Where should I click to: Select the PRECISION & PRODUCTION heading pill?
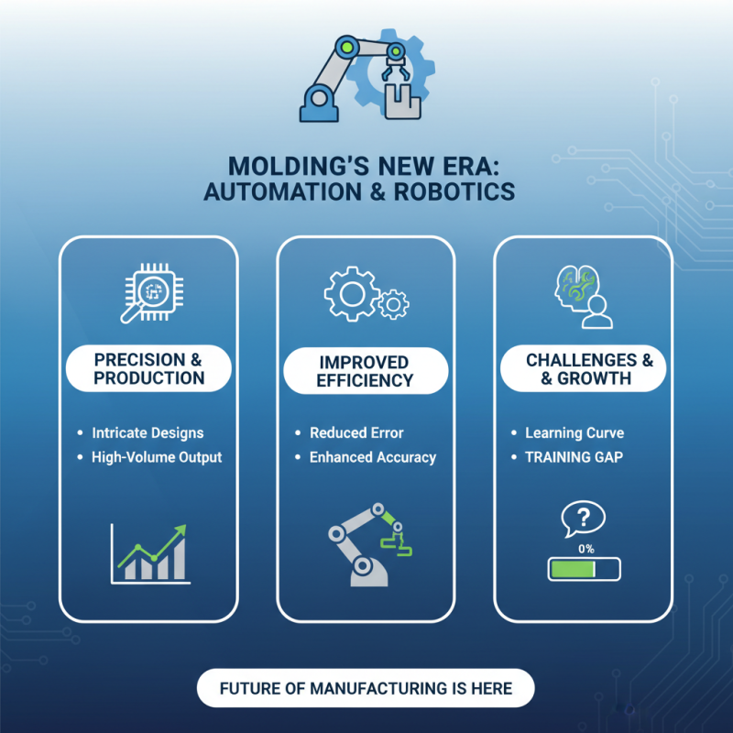coord(149,367)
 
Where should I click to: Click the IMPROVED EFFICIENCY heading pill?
coord(366,370)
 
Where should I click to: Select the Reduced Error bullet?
coord(356,432)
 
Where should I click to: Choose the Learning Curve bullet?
coord(574,432)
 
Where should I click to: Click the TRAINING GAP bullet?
coord(574,456)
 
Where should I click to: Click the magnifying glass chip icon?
coord(148,294)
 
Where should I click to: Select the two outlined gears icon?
coord(366,295)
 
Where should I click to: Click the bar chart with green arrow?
coord(148,554)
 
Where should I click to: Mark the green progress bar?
coord(584,570)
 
